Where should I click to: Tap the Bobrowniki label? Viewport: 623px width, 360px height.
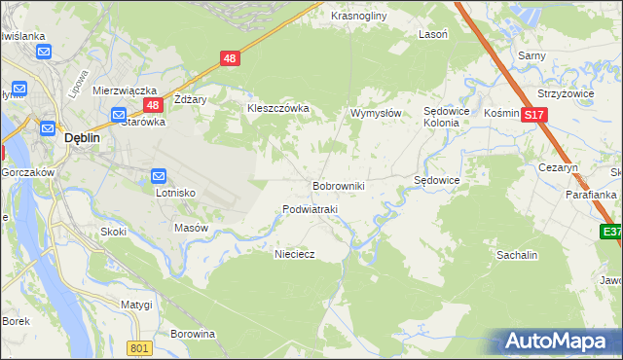pos(338,185)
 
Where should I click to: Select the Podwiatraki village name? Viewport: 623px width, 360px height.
pos(310,209)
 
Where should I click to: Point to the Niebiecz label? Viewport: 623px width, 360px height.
pos(295,253)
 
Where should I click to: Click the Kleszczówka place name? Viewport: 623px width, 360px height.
pos(278,108)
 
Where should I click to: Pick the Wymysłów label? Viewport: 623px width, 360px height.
pos(376,113)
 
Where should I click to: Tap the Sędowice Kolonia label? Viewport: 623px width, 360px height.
pos(448,118)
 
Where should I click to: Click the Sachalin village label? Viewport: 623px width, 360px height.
pos(517,254)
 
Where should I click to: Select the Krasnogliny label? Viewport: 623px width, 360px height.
pos(359,17)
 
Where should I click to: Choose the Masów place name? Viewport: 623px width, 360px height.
pos(191,228)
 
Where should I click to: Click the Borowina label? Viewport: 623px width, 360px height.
pos(192,334)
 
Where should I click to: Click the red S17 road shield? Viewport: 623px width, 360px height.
pos(532,115)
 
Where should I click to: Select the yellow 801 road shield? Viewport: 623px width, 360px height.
pos(140,347)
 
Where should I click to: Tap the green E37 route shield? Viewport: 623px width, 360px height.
pos(611,232)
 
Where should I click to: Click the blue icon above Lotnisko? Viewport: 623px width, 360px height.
pos(160,176)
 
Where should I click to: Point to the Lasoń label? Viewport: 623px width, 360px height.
pos(433,33)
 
